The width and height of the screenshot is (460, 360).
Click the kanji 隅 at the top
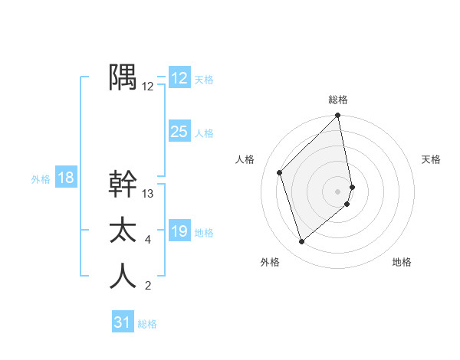pyautogui.click(x=123, y=77)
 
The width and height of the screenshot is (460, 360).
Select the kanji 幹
pyautogui.click(x=123, y=184)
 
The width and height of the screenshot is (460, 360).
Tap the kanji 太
pyautogui.click(x=123, y=230)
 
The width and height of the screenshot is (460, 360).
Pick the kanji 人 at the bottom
pyautogui.click(x=123, y=276)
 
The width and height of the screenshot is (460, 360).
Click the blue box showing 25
pyautogui.click(x=179, y=132)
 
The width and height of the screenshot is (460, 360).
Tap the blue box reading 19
pyautogui.click(x=179, y=231)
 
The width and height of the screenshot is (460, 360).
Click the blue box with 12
pyautogui.click(x=179, y=78)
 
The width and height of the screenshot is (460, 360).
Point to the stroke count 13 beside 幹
pyautogui.click(x=148, y=194)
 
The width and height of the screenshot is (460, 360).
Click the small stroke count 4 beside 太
pyautogui.click(x=148, y=241)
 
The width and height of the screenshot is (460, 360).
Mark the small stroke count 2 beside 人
pyautogui.click(x=148, y=286)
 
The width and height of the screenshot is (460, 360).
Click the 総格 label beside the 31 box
pyautogui.click(x=147, y=324)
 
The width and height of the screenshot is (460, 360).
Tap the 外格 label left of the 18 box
pyautogui.click(x=41, y=179)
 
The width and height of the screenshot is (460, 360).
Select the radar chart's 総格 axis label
pyautogui.click(x=338, y=100)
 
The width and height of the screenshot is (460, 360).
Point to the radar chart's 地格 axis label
pyautogui.click(x=402, y=262)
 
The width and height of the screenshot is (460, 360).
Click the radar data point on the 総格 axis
pyautogui.click(x=338, y=116)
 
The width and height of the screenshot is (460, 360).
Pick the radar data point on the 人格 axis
pyautogui.click(x=280, y=172)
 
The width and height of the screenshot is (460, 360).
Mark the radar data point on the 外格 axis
pyautogui.click(x=302, y=242)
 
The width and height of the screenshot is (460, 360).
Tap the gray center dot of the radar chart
pyautogui.click(x=338, y=191)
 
